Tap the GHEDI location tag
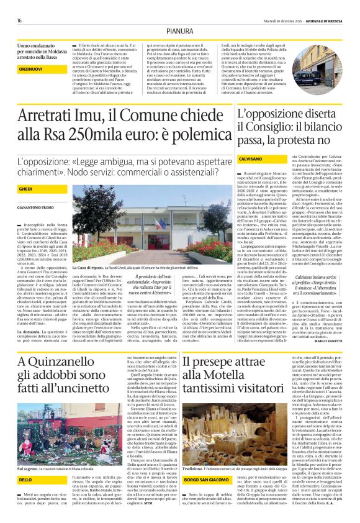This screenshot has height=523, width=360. tap(26, 188)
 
